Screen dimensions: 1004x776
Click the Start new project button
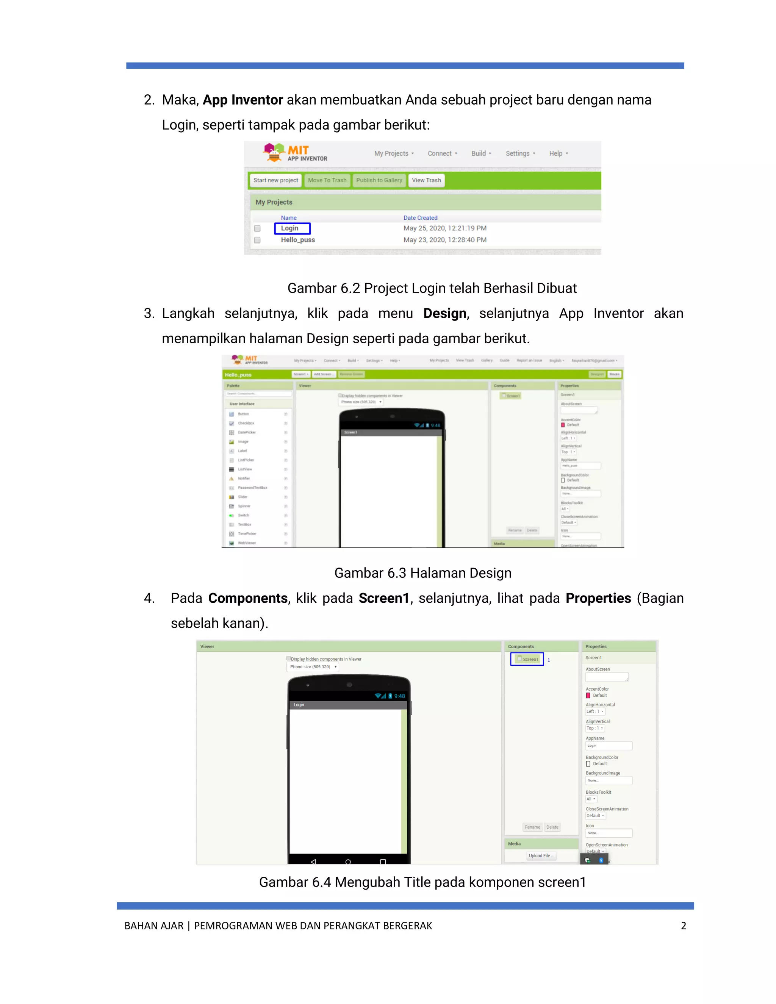click(275, 180)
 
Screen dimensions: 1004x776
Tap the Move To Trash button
click(327, 180)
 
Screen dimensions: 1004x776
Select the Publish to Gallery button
click(379, 180)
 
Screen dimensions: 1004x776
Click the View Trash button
click(426, 180)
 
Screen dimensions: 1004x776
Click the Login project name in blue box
click(290, 228)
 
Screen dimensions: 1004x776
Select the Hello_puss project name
click(298, 240)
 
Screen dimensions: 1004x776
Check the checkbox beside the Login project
click(257, 228)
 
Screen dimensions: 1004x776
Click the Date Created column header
click(420, 218)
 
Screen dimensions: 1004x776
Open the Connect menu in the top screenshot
click(442, 153)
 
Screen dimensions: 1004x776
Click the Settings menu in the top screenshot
click(520, 153)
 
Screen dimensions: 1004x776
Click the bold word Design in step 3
click(444, 314)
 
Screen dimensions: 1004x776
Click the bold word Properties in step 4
click(598, 598)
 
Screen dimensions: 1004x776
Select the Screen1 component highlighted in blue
click(527, 659)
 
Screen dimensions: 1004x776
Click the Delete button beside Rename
click(552, 827)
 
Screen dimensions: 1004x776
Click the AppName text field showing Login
click(609, 746)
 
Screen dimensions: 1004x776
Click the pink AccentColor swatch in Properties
click(588, 696)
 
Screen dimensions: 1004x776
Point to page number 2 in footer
click(683, 926)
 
